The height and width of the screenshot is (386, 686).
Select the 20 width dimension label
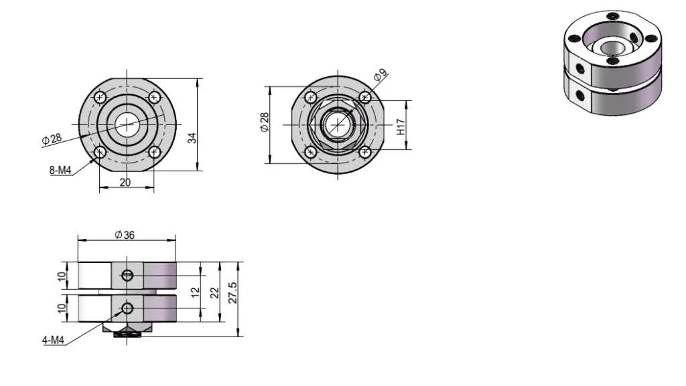point(125,183)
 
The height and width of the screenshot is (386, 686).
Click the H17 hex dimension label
point(401,127)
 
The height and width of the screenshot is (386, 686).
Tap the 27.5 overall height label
point(234,292)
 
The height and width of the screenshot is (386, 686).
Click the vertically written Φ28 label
point(265,122)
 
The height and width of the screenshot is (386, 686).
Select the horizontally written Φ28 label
point(51,138)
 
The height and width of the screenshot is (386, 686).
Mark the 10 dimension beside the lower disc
point(63,308)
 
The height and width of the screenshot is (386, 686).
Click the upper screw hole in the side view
point(129,276)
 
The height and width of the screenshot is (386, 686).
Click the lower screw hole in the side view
point(127,308)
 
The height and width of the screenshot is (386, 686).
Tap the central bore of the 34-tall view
point(126,124)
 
